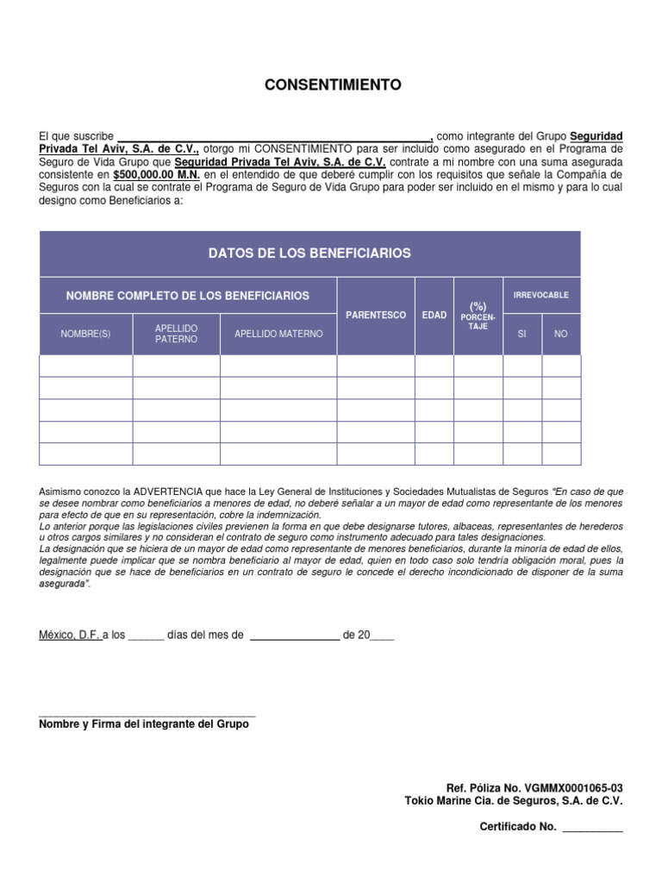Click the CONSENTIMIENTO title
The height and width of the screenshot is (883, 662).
pos(332,85)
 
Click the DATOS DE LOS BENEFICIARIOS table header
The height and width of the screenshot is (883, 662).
pos(309,254)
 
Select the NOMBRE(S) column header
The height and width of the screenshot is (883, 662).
pos(85,334)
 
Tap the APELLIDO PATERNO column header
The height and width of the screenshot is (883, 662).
pos(177,334)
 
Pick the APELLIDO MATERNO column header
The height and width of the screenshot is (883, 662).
pos(278,334)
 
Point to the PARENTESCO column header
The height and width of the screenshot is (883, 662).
pos(376,316)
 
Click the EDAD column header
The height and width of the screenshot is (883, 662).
pos(434,316)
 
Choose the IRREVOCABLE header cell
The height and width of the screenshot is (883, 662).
pos(541,295)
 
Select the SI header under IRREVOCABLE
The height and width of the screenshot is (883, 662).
pos(521,334)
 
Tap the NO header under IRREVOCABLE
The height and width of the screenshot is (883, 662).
pos(561,334)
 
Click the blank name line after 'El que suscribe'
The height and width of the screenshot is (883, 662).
pos(273,136)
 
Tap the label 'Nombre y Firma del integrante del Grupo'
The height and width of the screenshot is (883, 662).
pos(144,724)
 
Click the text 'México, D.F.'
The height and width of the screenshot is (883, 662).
pos(70,636)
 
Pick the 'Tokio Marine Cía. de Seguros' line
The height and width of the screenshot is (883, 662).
pos(513,801)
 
